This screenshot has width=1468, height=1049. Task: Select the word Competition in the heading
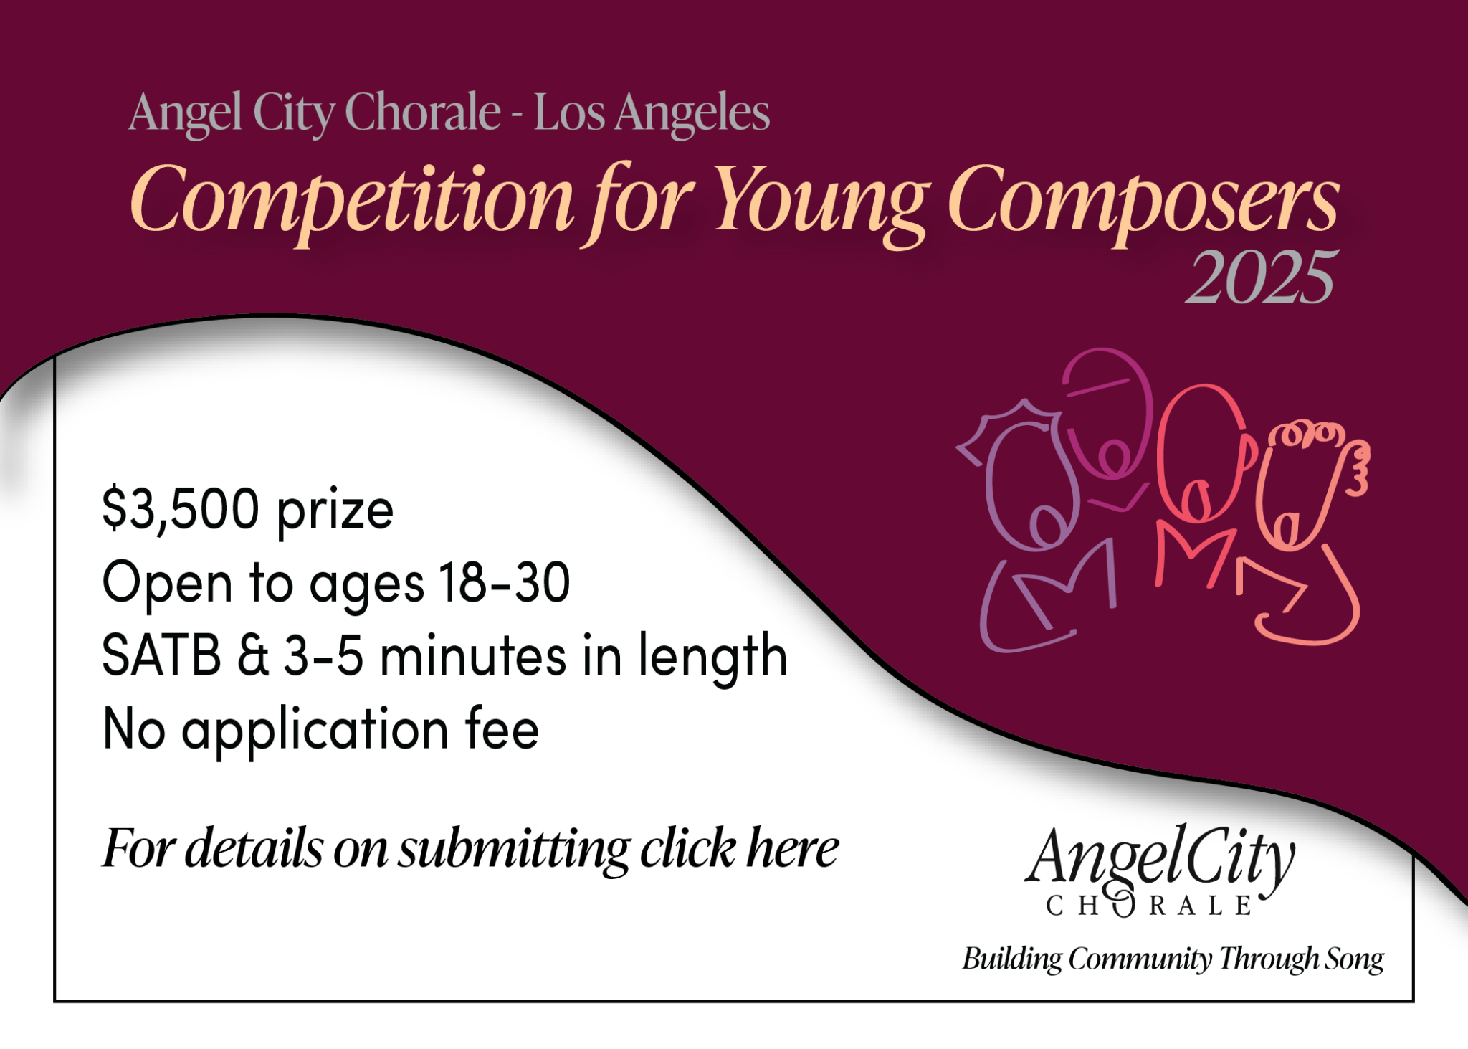(x=351, y=201)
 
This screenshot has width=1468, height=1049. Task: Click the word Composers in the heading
(x=1143, y=201)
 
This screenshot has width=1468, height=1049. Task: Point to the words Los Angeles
(x=652, y=113)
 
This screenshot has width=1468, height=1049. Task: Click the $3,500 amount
(x=181, y=509)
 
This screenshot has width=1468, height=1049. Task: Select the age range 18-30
(x=505, y=582)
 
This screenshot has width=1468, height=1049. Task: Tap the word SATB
(x=162, y=655)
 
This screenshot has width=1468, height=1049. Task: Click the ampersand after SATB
(x=253, y=655)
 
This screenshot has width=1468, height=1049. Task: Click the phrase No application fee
(x=320, y=729)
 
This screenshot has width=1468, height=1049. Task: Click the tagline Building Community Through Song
(x=1173, y=959)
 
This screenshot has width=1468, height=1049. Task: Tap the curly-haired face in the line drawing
(x=1305, y=488)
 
